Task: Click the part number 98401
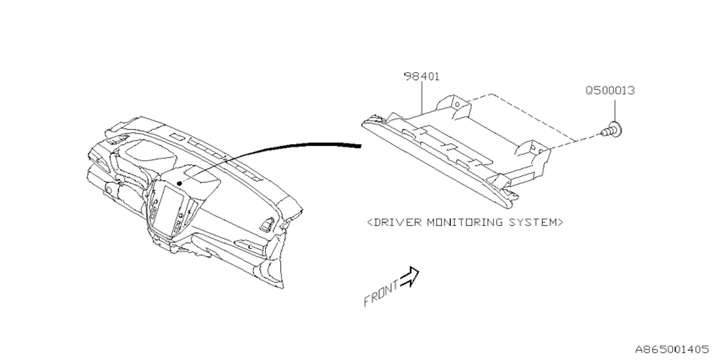point(421,76)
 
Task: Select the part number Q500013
point(610,90)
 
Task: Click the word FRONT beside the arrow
point(381,293)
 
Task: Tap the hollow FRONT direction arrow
point(410,276)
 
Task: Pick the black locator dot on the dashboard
point(178,183)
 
